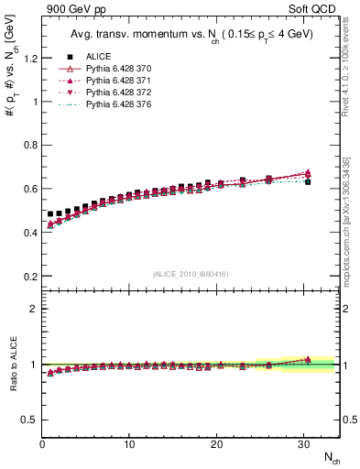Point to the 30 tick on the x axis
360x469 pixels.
pos(303,444)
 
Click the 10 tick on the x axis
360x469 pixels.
pos(129,444)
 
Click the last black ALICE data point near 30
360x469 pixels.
pos(308,181)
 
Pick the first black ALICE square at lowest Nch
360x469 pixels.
pos(50,213)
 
